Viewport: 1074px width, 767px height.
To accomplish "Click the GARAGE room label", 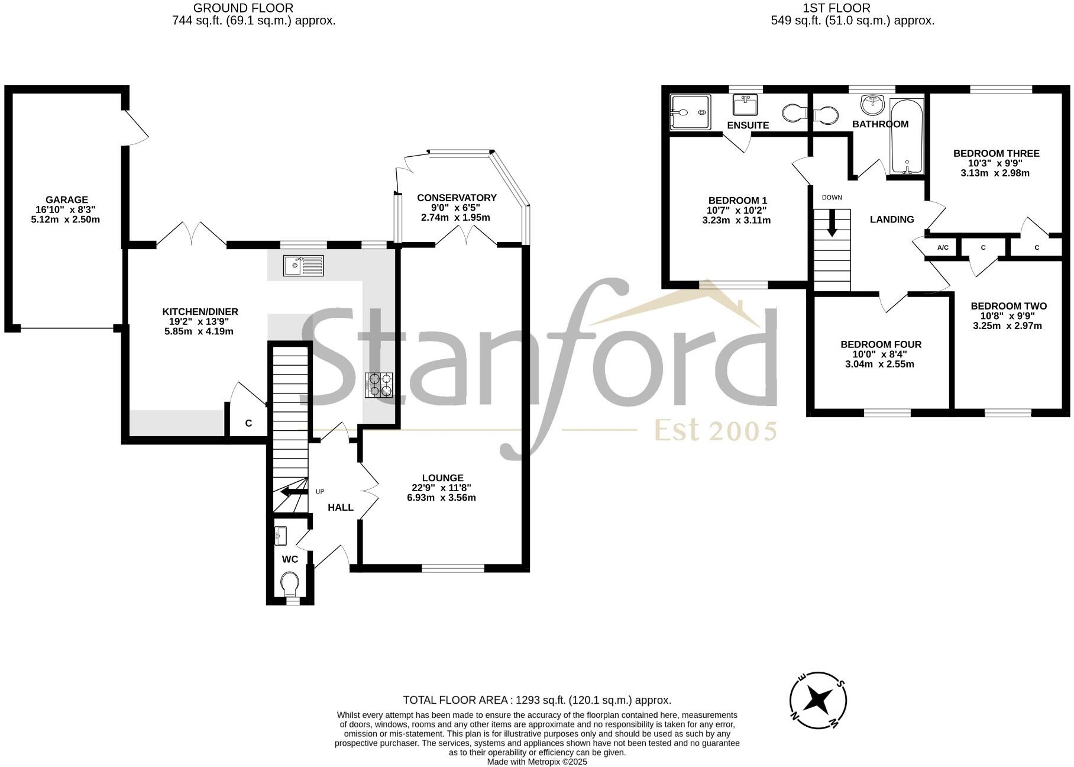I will pos(67,200).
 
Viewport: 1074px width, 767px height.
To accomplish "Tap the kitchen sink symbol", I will pos(303,265).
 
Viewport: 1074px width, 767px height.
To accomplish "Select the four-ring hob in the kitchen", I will pos(379,385).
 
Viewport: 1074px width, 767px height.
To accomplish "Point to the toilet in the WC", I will pos(290,584).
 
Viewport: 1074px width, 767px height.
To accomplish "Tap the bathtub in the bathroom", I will pos(907,136).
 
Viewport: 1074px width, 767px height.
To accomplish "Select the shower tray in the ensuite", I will pos(689,112).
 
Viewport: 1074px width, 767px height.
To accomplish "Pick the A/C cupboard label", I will pos(943,247).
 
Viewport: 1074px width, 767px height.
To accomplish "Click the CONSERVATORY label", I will pos(457,198).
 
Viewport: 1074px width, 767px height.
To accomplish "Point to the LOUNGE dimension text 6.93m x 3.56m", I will pos(441,498).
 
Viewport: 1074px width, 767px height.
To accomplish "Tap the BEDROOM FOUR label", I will pos(881,344).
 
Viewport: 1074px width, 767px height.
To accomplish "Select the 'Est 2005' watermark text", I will pos(715,431).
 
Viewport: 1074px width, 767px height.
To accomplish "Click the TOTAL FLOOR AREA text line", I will pos(537,700).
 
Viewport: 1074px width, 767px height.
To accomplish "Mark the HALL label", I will pos(341,507).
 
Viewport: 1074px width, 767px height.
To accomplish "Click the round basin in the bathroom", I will pos(872,106).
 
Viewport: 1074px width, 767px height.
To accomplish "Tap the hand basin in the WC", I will pos(281,536).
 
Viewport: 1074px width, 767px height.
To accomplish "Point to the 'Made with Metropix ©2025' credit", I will pos(537,762).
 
